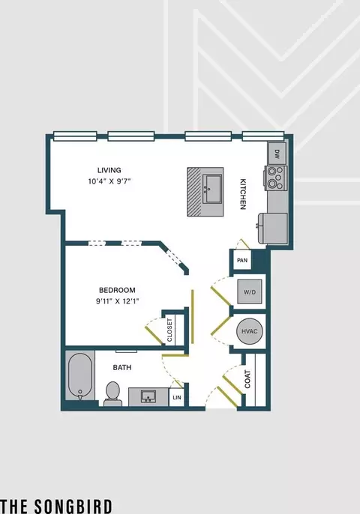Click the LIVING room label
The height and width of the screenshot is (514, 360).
[x=109, y=170]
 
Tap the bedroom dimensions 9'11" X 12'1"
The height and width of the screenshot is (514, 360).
[x=118, y=301]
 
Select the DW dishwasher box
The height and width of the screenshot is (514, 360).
[x=277, y=153]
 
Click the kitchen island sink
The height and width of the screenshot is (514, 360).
[x=212, y=189]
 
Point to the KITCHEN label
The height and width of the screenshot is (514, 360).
[x=243, y=194]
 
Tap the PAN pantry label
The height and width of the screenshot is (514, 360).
[x=242, y=260]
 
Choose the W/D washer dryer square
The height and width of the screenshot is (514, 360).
[x=250, y=291]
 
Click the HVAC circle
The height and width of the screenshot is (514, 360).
[x=250, y=331]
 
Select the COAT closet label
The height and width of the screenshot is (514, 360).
[x=247, y=379]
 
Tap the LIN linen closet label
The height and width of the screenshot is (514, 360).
[x=177, y=398]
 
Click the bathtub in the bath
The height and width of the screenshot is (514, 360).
[x=79, y=376]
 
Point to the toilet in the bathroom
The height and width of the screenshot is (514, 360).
[x=113, y=394]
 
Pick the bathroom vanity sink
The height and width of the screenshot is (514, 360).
[x=148, y=396]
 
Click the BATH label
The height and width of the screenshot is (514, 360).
[x=122, y=367]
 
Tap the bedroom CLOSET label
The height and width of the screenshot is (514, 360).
[x=169, y=330]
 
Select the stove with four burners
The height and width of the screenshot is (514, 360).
[x=276, y=178]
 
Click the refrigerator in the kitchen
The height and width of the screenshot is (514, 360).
[x=273, y=229]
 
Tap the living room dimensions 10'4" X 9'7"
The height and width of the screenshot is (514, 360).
[x=109, y=181]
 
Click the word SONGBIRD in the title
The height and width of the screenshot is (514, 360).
[x=73, y=507]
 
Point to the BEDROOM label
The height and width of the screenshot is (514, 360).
[x=117, y=290]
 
